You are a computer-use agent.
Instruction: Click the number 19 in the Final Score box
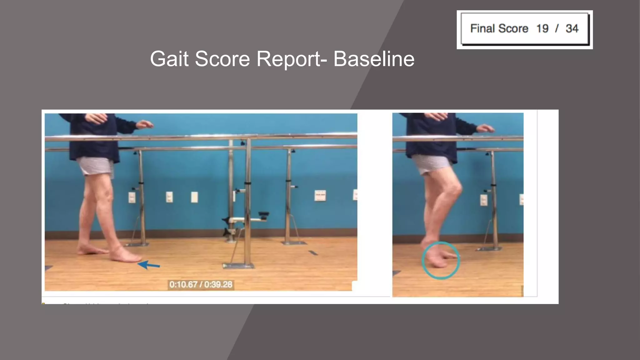click(542, 28)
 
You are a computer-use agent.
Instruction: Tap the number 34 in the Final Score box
click(572, 28)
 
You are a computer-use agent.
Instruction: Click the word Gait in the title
click(169, 59)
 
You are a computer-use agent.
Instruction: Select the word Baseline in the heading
click(374, 59)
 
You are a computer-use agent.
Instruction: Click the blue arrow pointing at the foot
click(149, 265)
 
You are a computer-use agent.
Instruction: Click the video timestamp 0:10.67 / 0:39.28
click(201, 284)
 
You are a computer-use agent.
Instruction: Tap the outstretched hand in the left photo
click(144, 124)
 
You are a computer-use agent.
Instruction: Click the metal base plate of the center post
click(238, 266)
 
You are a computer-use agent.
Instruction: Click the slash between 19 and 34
click(557, 28)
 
